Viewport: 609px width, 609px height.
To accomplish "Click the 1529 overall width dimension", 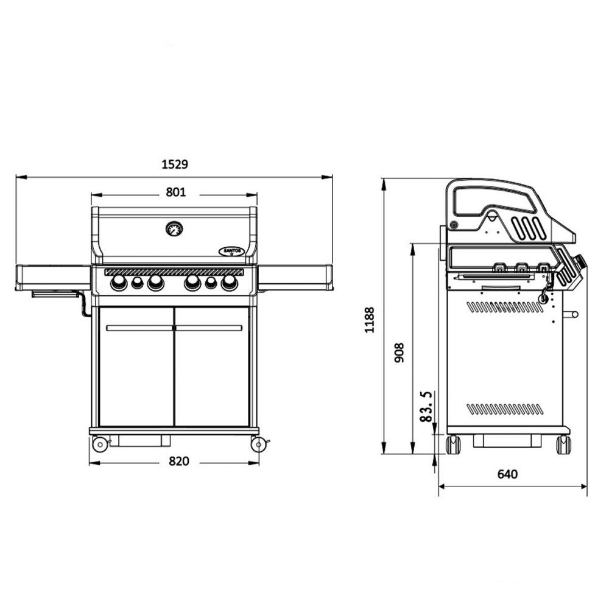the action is coord(175,164).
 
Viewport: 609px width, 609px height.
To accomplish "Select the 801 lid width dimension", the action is coord(176,192).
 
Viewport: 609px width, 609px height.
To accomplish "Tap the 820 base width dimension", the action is coord(179,461).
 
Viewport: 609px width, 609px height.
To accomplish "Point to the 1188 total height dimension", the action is coord(370,320).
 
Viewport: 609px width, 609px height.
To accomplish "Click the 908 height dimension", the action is coord(400,353).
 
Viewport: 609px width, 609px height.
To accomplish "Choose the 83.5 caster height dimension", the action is coord(426,406).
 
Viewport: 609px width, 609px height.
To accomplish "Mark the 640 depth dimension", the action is coord(507,474).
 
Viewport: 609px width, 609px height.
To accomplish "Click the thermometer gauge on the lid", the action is coord(174,229).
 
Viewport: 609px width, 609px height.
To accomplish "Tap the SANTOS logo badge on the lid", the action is coord(232,252).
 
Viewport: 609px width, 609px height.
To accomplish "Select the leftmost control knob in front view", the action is coord(119,283).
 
